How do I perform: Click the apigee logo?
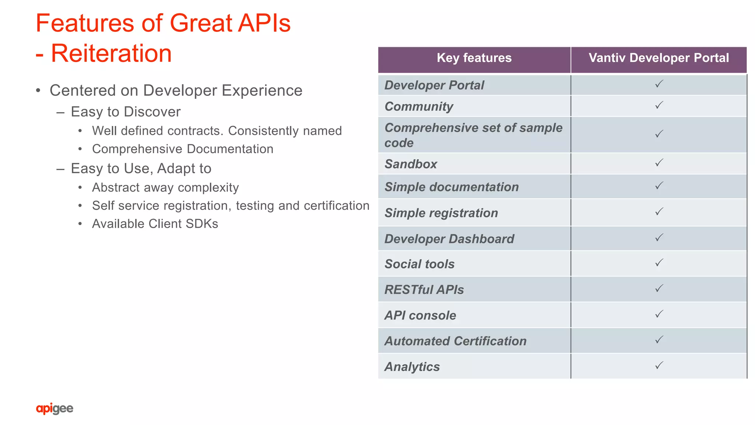55,408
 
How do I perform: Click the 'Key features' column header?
474,58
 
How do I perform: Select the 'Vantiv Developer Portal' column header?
658,58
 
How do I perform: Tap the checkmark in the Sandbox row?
659,163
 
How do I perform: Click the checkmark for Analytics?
659,365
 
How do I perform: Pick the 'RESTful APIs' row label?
424,290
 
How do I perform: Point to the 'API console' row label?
420,316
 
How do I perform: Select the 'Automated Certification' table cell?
455,341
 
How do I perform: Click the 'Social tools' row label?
420,264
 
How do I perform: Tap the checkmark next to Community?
659,105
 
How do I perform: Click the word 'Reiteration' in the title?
111,53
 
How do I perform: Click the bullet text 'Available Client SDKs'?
155,224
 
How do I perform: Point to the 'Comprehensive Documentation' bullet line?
182,149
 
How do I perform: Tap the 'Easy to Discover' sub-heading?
125,112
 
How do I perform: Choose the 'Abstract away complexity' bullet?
165,187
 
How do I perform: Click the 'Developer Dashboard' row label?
449,239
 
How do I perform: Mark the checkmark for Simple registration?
659,212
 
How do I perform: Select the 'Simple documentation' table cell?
452,187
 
